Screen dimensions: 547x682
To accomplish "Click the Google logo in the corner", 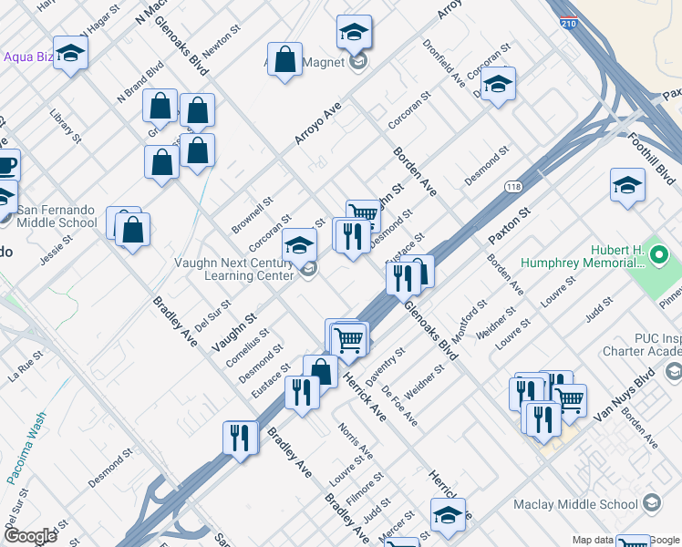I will (30, 536).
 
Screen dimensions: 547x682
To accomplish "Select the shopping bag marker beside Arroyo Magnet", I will (285, 59).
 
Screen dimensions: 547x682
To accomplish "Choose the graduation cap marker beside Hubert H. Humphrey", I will (627, 185).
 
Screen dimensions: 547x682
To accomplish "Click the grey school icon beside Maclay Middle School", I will (652, 503).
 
